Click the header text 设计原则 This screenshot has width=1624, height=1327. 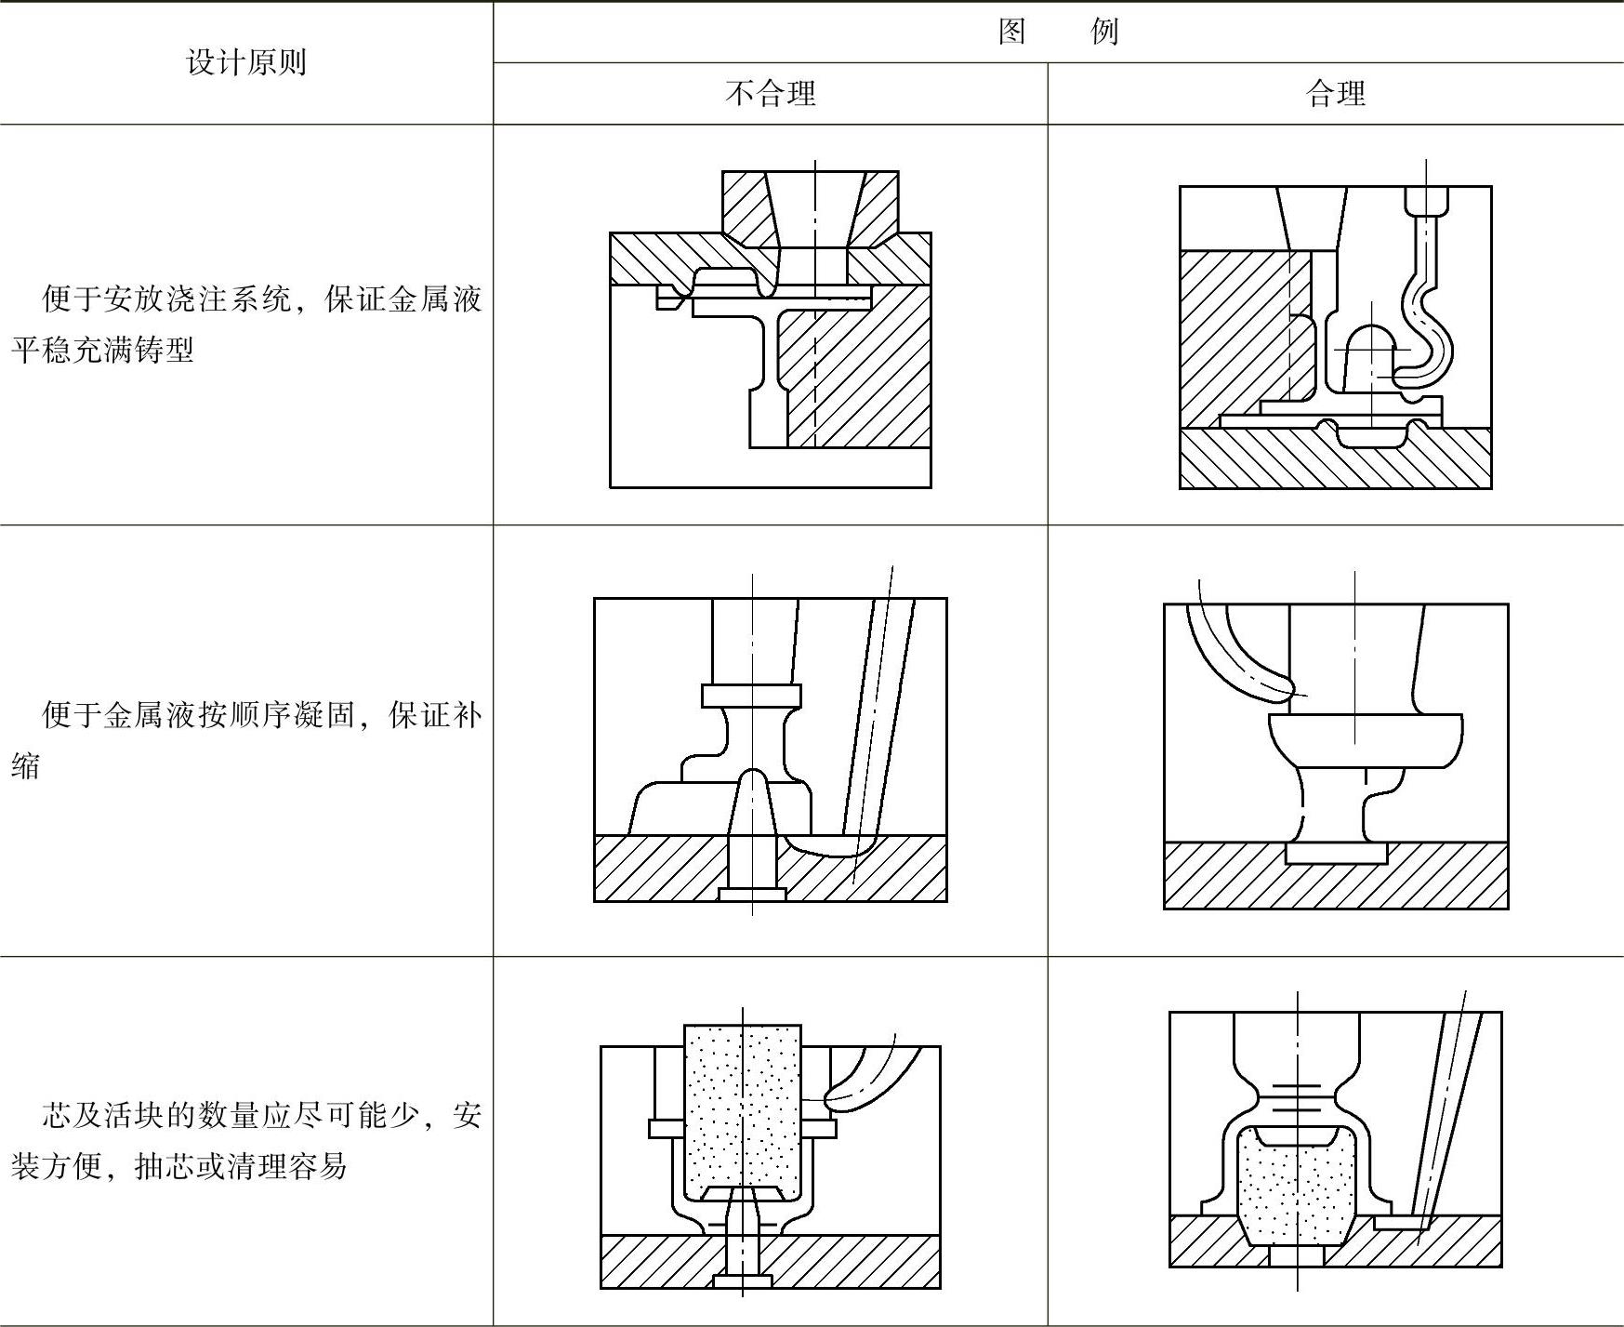(246, 62)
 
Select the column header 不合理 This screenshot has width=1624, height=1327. (770, 93)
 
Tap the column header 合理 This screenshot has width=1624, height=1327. (1335, 93)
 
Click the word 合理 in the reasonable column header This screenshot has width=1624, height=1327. (1335, 93)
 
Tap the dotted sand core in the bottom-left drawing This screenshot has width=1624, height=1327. (742, 1107)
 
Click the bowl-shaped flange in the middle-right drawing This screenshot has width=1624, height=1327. (1365, 739)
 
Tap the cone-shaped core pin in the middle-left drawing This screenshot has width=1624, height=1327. (753, 804)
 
